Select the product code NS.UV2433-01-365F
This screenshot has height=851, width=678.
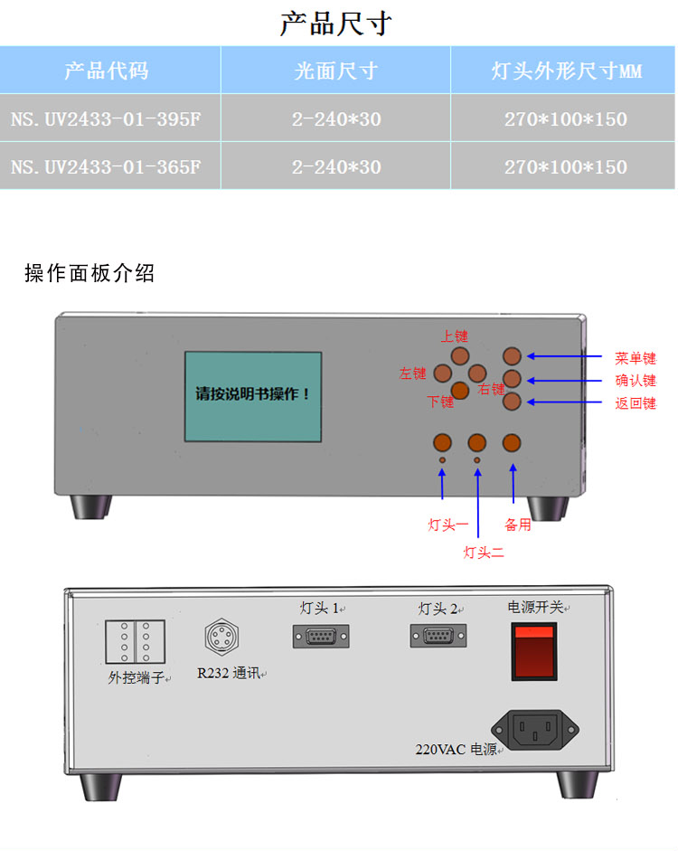pos(106,166)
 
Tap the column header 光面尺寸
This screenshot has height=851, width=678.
pos(335,71)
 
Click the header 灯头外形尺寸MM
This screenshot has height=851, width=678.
pos(566,71)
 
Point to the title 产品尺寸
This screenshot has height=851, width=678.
pos(335,24)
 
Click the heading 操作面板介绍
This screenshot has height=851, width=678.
pos(89,273)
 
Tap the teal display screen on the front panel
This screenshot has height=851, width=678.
pos(253,396)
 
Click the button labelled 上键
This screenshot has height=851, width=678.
pos(460,356)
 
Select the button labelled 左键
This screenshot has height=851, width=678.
pos(443,373)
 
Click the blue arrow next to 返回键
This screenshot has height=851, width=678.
pos(564,402)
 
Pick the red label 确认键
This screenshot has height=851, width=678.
pos(636,381)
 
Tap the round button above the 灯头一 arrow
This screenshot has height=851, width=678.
pos(443,443)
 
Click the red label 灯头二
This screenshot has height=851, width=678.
pos(484,553)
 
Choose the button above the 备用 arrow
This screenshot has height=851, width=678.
pos(512,443)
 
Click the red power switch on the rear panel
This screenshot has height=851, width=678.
pos(534,651)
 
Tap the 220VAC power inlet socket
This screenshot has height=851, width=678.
pos(535,730)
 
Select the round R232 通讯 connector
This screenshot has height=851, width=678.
pos(221,637)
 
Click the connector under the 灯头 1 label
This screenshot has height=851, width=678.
pos(321,637)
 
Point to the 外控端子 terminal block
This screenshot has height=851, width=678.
pos(135,641)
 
